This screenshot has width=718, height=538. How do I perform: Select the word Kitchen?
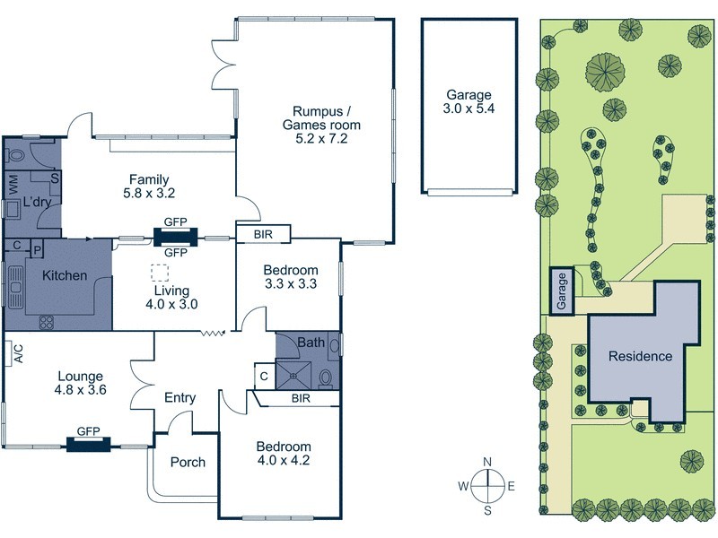pyautogui.click(x=65, y=275)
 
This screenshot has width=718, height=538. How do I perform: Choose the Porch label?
pyautogui.click(x=188, y=463)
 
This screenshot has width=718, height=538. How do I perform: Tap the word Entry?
pyautogui.click(x=179, y=398)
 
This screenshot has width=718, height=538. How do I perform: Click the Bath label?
pyautogui.click(x=311, y=342)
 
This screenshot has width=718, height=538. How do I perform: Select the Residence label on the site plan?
pyautogui.click(x=640, y=356)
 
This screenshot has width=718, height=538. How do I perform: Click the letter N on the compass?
pyautogui.click(x=486, y=462)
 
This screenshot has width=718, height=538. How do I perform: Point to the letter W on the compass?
pyautogui.click(x=464, y=486)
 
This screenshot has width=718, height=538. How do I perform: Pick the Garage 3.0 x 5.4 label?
pyautogui.click(x=468, y=100)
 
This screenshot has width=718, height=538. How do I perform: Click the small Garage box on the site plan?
pyautogui.click(x=563, y=291)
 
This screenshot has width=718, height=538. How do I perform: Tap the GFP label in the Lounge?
pyautogui.click(x=88, y=431)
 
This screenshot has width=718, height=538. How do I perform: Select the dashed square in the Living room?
pyautogui.click(x=160, y=273)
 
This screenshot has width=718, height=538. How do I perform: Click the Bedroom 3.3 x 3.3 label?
pyautogui.click(x=290, y=277)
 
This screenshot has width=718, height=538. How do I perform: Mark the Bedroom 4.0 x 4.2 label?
pyautogui.click(x=284, y=454)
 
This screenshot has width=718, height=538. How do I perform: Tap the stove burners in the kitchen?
pyautogui.click(x=46, y=322)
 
